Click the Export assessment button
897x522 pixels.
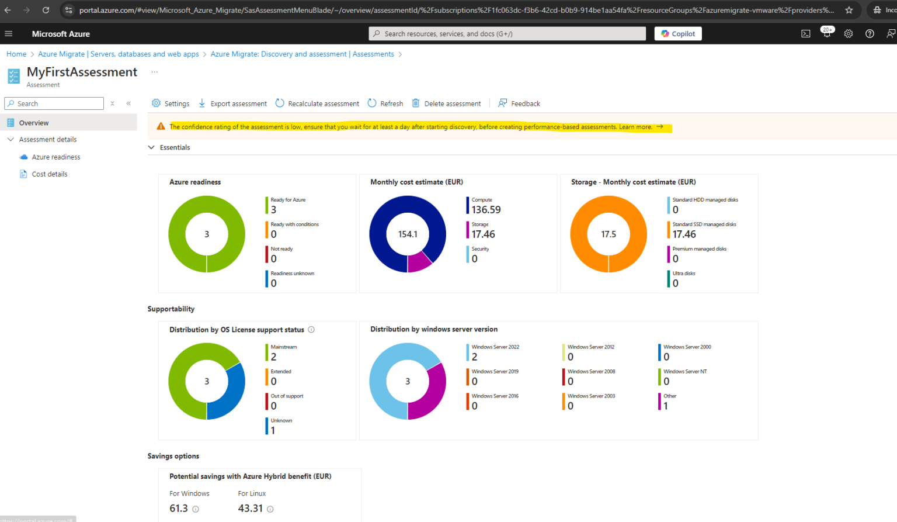(233, 103)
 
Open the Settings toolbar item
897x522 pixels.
(171, 103)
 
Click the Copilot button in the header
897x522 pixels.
(678, 34)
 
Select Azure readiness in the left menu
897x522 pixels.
(56, 157)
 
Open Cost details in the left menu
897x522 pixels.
(50, 174)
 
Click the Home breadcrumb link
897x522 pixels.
(16, 54)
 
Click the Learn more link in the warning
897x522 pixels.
(636, 127)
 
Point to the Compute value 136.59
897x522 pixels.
(486, 210)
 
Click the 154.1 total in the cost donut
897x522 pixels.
(408, 234)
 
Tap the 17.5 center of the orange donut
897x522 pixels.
(609, 234)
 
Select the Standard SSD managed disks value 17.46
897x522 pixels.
(684, 234)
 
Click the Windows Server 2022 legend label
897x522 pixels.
(495, 347)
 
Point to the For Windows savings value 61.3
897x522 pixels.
(179, 509)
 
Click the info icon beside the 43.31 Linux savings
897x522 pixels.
(270, 509)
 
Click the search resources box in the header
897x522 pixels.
(507, 34)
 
